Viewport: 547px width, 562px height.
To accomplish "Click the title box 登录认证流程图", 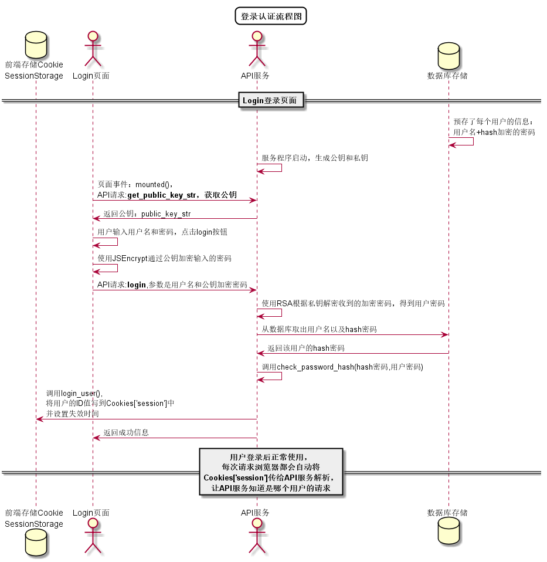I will tap(271, 16).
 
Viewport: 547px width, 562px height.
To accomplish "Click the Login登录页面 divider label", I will tap(270, 101).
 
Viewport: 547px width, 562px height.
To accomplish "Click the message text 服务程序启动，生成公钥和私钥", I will tap(315, 158).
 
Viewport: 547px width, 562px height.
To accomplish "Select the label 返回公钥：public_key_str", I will tap(147, 214).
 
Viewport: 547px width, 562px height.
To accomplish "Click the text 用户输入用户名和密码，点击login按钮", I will tap(162, 232).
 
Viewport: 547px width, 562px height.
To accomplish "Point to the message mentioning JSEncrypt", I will tap(164, 258).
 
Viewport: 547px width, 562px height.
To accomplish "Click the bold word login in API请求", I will tap(137, 285).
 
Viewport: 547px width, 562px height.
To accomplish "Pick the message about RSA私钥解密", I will tap(353, 303).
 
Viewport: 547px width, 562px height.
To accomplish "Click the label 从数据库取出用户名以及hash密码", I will tap(319, 329).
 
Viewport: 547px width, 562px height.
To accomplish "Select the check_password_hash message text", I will tap(342, 367).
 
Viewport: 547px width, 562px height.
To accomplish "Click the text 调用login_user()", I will tap(74, 393).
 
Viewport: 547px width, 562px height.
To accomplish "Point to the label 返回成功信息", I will tap(126, 432).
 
